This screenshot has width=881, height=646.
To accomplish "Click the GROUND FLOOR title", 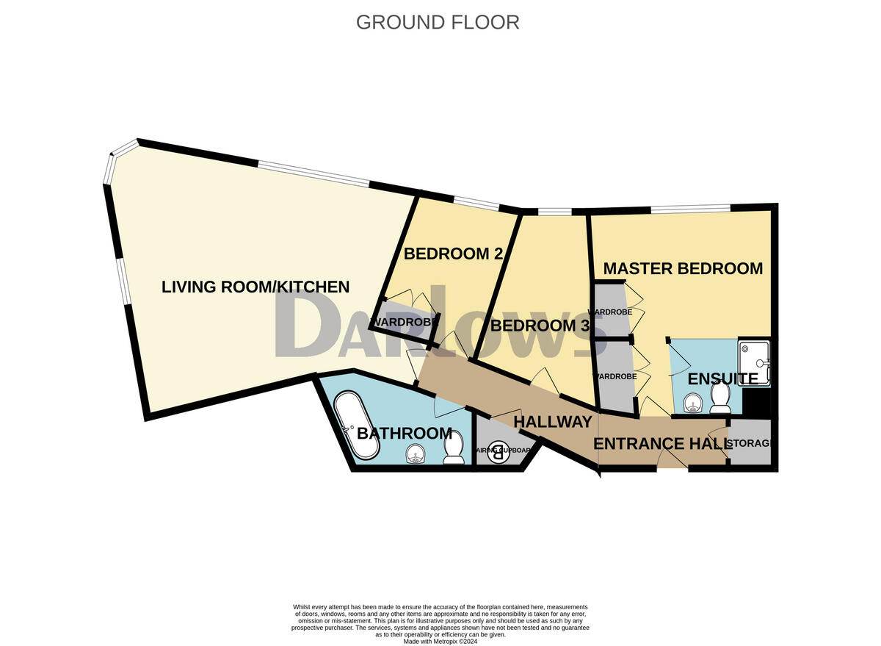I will (x=438, y=22).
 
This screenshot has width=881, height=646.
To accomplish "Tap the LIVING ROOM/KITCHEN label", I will (x=255, y=287).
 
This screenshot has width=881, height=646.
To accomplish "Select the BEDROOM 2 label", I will (x=453, y=254).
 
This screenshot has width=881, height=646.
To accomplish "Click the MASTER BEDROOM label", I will (x=683, y=269).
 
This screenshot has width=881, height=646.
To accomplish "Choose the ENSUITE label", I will (x=722, y=379).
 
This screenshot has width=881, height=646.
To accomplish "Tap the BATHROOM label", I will (x=404, y=434).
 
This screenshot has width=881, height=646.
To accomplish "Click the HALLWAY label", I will (x=552, y=422).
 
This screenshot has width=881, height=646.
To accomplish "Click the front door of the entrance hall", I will (x=672, y=460).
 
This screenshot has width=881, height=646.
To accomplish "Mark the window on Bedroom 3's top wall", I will (x=554, y=212).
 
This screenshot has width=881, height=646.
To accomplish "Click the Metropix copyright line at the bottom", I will (x=440, y=641).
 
